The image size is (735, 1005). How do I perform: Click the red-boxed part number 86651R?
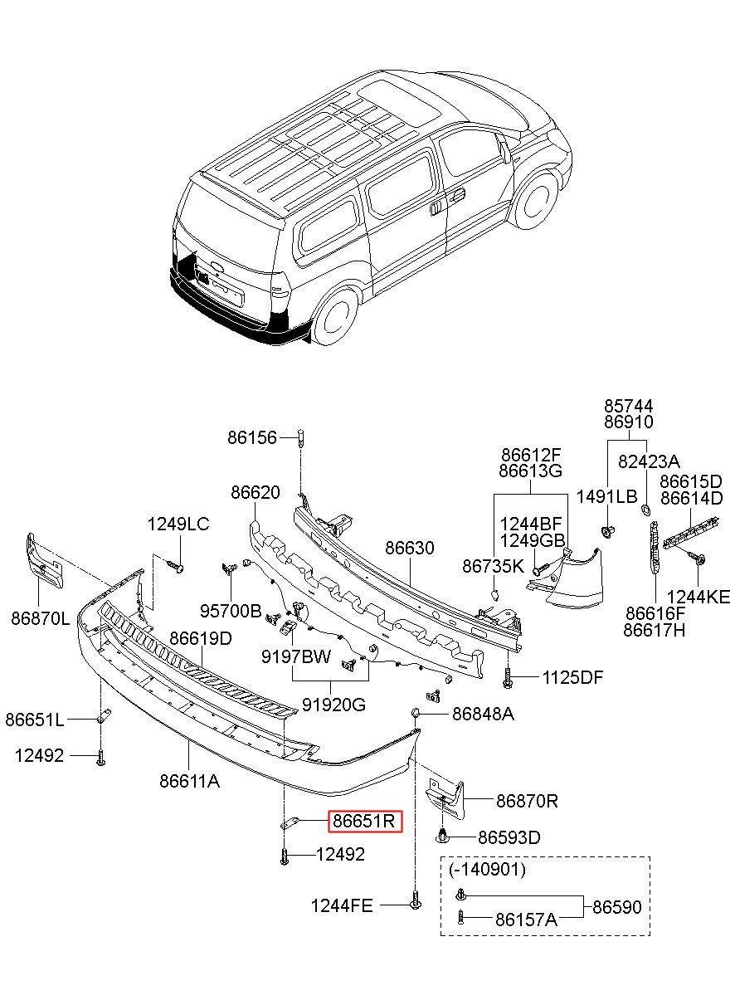point(363,821)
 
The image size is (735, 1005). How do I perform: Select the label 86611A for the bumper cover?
point(189,781)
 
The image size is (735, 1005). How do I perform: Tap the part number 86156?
point(252,437)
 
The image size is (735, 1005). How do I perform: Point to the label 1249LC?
point(178,524)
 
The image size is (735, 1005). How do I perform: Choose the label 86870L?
point(41,619)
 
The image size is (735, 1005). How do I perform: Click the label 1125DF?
point(572,677)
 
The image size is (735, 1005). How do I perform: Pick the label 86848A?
point(483,714)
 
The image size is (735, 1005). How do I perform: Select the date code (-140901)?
point(487,869)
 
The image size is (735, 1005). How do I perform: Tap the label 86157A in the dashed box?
point(526,920)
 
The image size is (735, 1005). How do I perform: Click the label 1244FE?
point(342,906)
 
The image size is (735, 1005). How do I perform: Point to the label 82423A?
point(649,461)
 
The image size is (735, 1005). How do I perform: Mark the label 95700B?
point(231,610)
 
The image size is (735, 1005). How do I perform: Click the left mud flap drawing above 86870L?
point(45,561)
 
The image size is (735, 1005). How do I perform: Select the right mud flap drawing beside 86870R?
point(445,799)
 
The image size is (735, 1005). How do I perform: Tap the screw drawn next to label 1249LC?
point(175,566)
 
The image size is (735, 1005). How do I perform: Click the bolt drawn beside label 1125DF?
point(508,678)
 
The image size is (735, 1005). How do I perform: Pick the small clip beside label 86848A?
point(415,712)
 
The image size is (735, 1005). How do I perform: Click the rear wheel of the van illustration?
point(334,316)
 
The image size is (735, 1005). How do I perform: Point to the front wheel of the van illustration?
point(534,202)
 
